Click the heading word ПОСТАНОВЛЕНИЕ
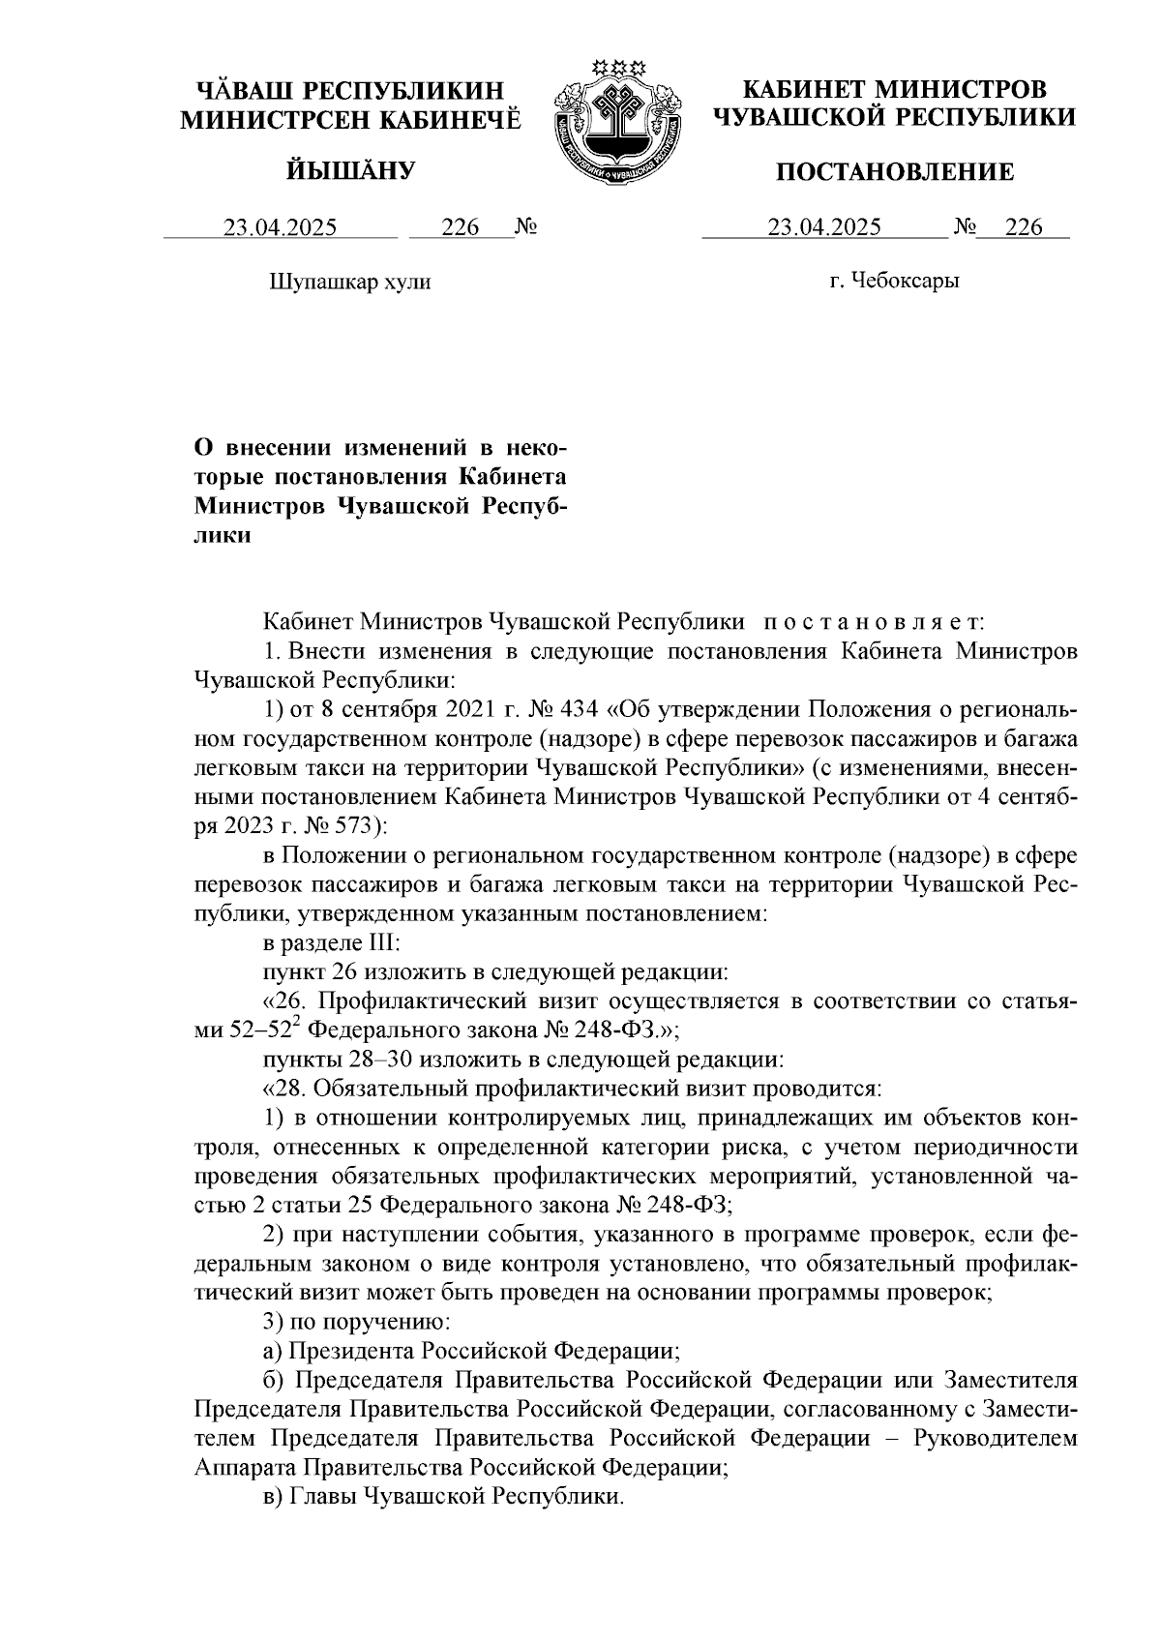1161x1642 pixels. click(894, 173)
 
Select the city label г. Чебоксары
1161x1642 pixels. click(894, 282)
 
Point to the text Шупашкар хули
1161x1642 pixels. click(347, 283)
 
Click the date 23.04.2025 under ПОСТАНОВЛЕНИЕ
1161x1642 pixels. click(824, 227)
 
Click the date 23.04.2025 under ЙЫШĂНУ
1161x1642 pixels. click(281, 227)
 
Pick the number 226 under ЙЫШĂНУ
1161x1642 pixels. click(461, 227)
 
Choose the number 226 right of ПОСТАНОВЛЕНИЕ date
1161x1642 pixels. click(1024, 227)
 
